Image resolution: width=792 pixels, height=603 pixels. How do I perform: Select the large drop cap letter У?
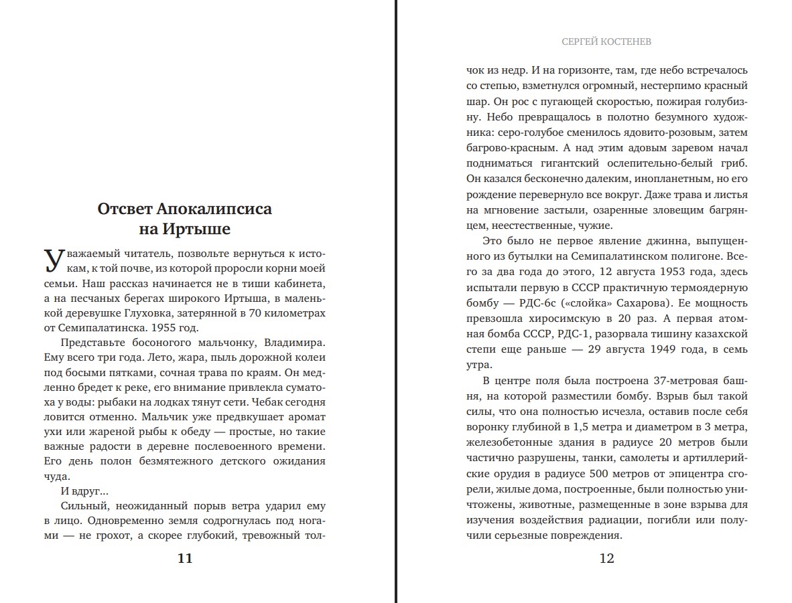pyautogui.click(x=54, y=260)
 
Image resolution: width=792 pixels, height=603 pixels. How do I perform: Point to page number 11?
pyautogui.click(x=185, y=558)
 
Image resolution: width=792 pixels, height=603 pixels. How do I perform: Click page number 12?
pyautogui.click(x=606, y=558)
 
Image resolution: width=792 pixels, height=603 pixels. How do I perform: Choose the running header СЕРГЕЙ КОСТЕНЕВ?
pyautogui.click(x=606, y=42)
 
